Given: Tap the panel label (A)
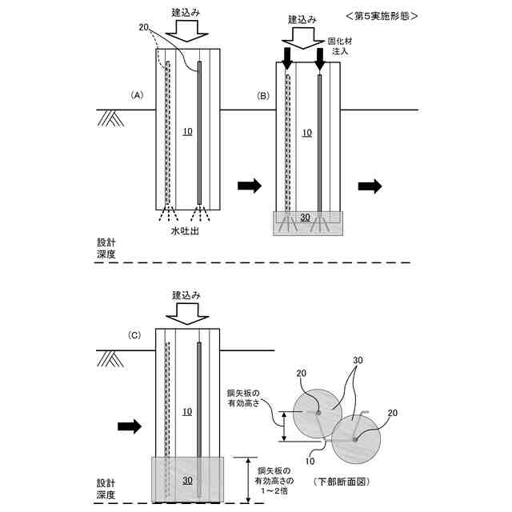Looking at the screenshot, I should pos(136,95).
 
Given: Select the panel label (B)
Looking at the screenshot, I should pos(262,96).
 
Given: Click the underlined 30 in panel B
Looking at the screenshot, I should pos(305,218).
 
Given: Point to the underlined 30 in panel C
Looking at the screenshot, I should pos(186,481).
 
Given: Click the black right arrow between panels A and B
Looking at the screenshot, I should pos(249,186).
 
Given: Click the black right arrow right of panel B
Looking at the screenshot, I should pos(369,186).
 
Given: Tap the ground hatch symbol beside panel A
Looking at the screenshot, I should pos(110,118).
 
